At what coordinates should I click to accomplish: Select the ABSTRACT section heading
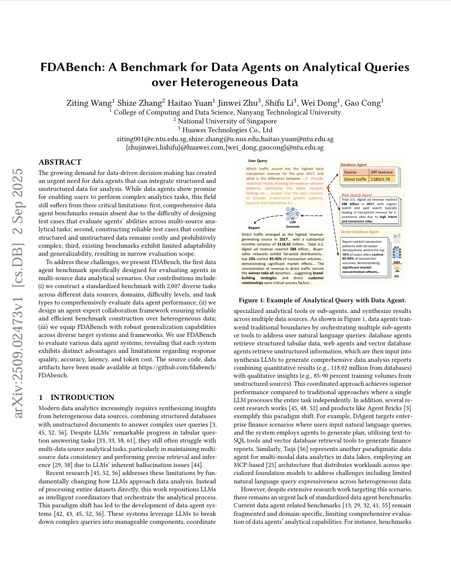(x=60, y=162)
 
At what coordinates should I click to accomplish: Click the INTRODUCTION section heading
(x=82, y=397)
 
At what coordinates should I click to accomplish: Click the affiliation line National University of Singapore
(x=225, y=121)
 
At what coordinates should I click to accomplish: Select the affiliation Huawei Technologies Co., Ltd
(x=225, y=130)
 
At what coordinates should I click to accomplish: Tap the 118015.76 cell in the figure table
(x=380, y=179)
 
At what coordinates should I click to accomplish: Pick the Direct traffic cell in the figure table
(x=355, y=179)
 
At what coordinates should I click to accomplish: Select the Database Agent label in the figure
(x=353, y=165)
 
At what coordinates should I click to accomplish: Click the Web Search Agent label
(x=356, y=195)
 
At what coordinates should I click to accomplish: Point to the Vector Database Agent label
(x=360, y=232)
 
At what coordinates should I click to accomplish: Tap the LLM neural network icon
(x=292, y=215)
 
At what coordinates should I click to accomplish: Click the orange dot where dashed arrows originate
(x=328, y=188)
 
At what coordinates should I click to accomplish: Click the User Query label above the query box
(x=257, y=161)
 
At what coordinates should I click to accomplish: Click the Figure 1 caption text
(x=322, y=300)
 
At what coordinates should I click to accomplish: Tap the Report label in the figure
(x=254, y=227)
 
